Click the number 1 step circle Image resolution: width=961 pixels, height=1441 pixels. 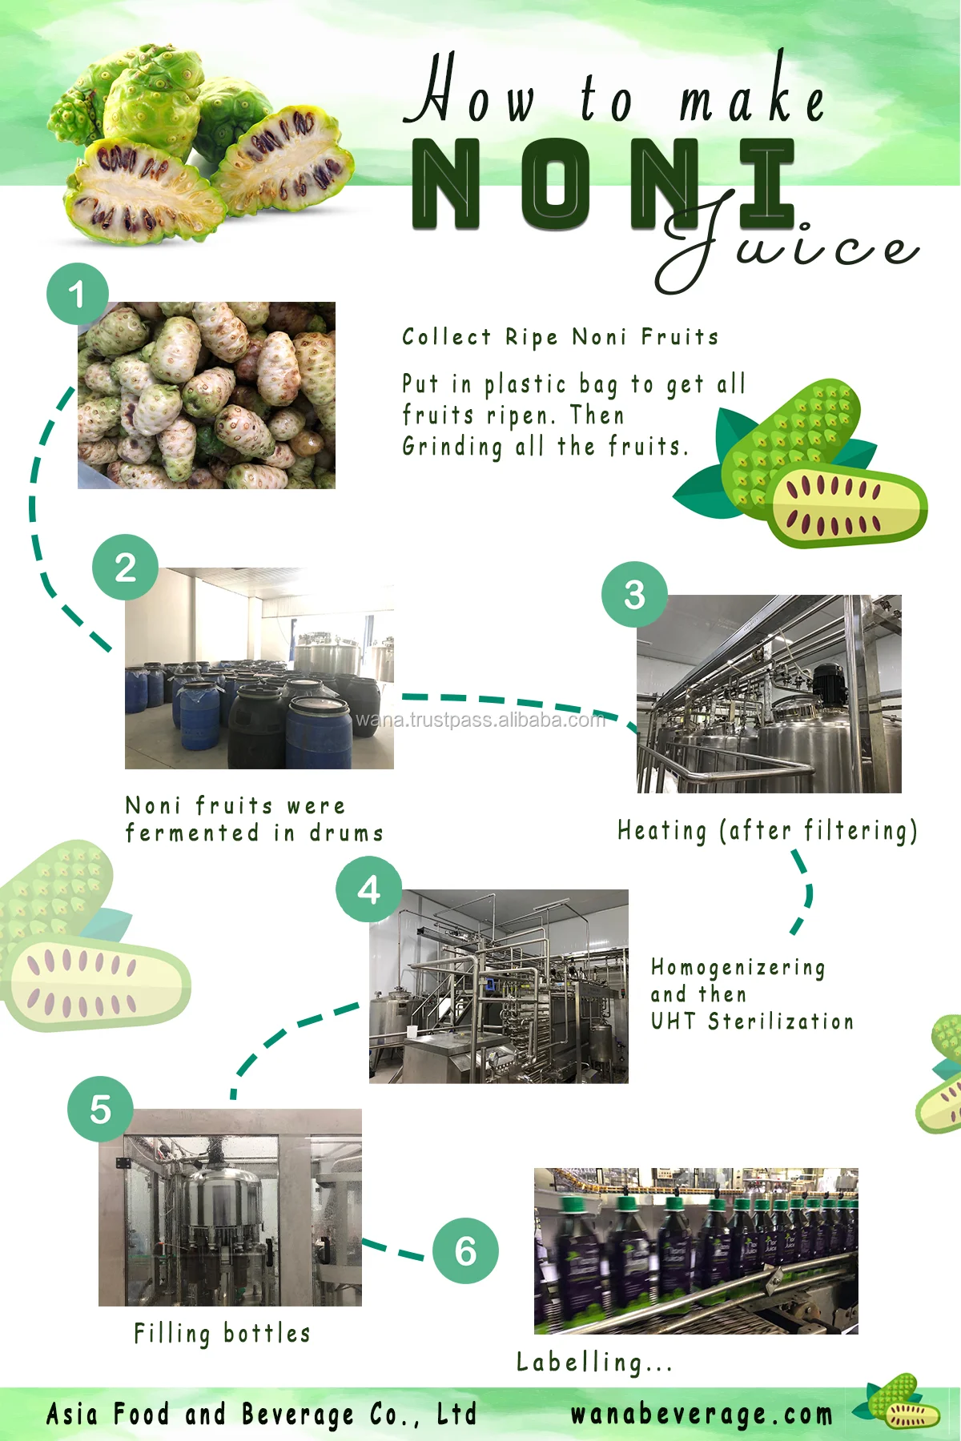tap(77, 294)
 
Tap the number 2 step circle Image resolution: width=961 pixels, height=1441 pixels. tap(125, 568)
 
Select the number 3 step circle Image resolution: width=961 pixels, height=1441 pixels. tap(634, 594)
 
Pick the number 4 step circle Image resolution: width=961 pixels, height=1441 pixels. tap(368, 889)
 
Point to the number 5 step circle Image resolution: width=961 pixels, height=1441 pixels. tap(100, 1109)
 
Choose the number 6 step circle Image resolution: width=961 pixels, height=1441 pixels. tap(465, 1250)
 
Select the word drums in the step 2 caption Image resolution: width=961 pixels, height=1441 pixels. tap(347, 833)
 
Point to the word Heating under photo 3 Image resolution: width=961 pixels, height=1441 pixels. tap(662, 831)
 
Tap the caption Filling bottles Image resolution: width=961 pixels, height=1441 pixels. tap(222, 1333)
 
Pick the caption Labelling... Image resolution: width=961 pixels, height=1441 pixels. tap(593, 1362)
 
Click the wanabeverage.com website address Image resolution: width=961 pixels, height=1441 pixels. tap(702, 1415)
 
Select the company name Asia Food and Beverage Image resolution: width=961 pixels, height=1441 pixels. tap(261, 1415)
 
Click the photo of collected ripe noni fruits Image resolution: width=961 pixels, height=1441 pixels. tap(207, 395)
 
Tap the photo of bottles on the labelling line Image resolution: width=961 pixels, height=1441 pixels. tap(696, 1250)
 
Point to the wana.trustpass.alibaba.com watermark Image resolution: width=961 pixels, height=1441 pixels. tap(480, 720)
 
